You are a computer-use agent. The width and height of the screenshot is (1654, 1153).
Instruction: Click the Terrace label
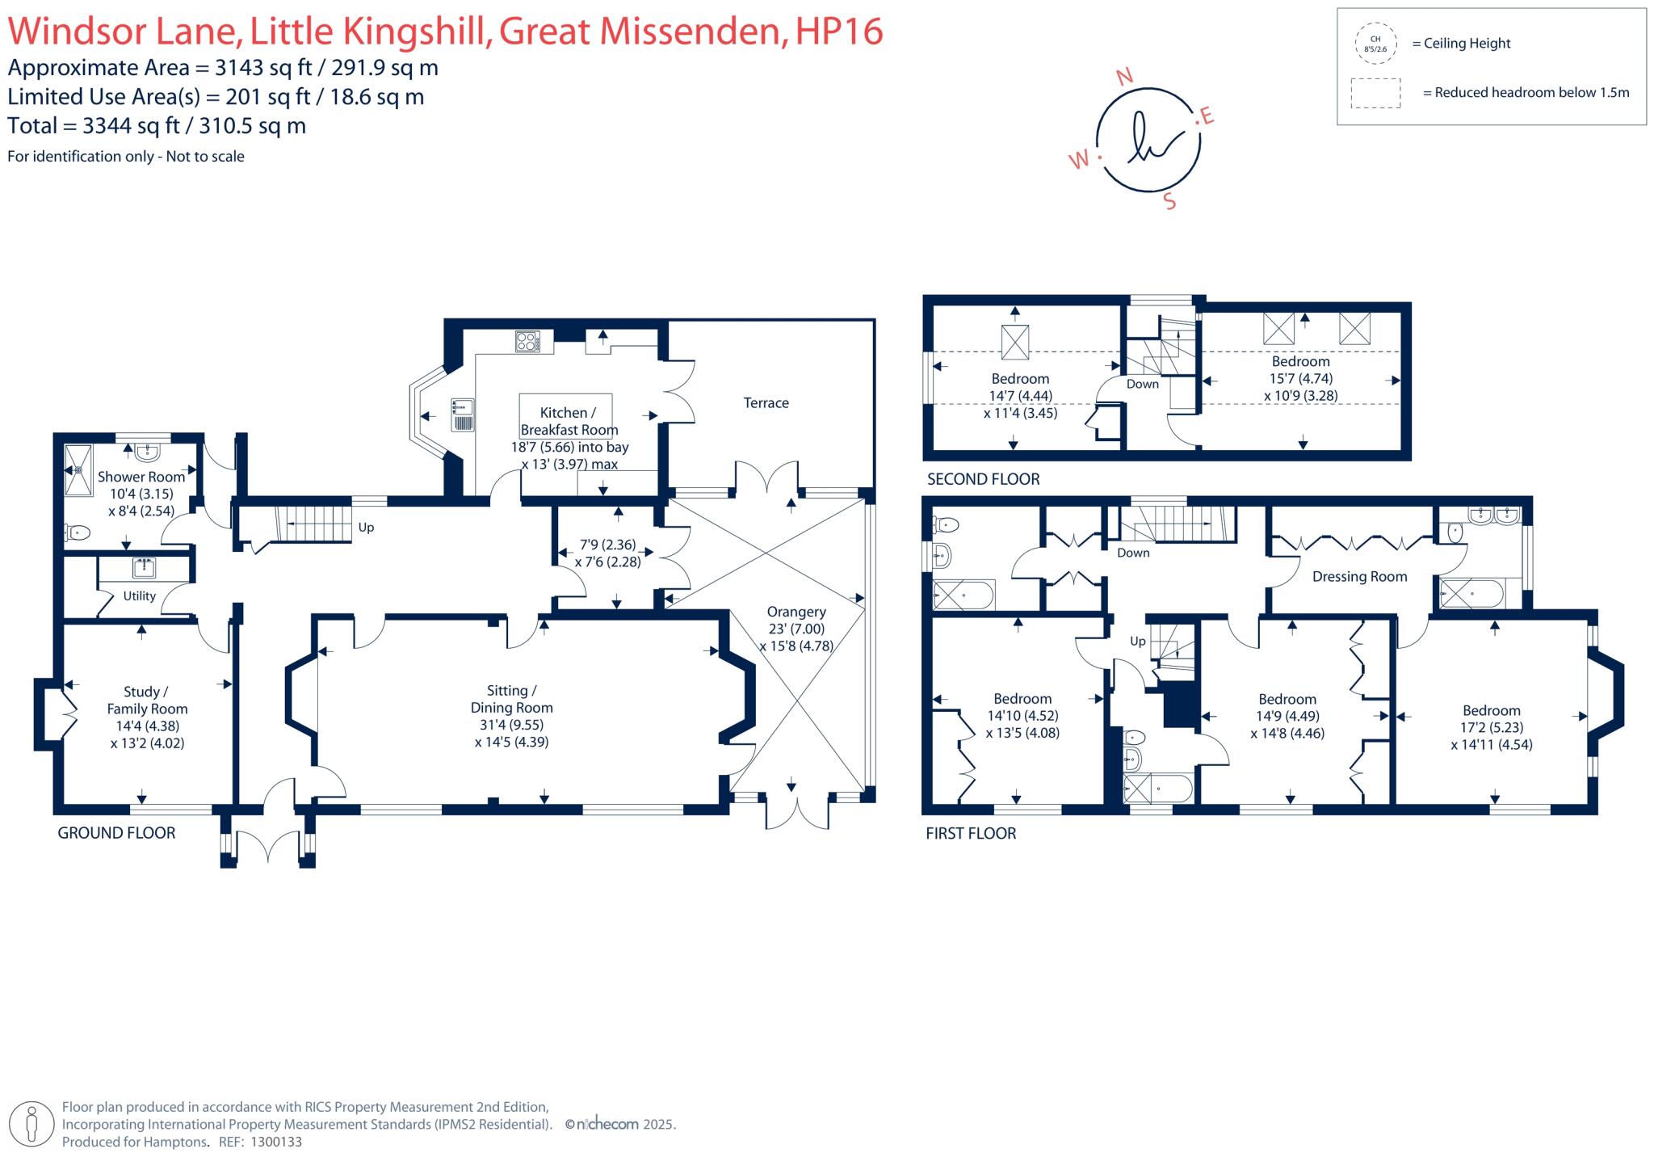pos(766,403)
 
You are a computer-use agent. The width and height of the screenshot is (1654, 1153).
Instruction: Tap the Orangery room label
pos(796,612)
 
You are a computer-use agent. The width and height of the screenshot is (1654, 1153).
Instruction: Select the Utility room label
pos(139,595)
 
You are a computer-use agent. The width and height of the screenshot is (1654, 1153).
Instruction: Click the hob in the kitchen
pos(527,342)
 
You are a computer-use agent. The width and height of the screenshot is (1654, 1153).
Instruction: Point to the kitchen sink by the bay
pos(464,414)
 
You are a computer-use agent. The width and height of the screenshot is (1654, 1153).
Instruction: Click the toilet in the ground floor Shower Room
pos(78,532)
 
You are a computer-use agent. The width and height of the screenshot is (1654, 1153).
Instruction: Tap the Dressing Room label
pos(1359,577)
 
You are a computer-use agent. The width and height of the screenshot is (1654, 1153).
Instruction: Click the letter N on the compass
pos(1124,77)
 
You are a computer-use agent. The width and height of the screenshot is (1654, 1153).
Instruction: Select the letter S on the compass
pos(1169,201)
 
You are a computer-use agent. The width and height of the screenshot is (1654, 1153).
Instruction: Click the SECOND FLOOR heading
pos(983,479)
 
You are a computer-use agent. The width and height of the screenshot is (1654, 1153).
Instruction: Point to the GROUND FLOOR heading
pos(116,833)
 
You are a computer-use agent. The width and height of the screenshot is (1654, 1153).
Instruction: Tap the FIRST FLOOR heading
pos(971,834)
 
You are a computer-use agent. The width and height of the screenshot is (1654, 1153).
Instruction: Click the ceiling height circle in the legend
pos(1375,44)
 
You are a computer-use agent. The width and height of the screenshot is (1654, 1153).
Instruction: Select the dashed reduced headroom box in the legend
pos(1375,93)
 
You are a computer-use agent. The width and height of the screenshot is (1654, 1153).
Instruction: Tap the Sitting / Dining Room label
pos(511,699)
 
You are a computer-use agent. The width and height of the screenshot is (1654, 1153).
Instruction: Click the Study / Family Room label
pos(147,701)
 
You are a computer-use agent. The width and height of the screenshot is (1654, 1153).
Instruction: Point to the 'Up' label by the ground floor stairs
pos(366,528)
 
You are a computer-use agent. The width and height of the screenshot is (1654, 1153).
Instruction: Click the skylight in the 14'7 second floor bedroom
pos(1015,342)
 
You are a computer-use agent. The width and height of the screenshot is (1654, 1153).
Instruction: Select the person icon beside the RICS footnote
pos(32,1124)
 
